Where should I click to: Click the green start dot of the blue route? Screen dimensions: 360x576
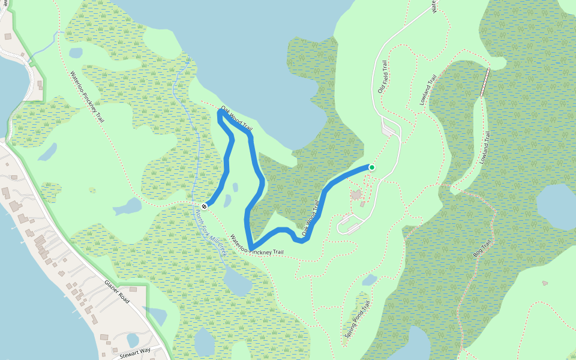click(x=372, y=167)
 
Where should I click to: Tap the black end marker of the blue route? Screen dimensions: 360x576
click(x=205, y=206)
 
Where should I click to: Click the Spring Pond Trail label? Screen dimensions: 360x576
click(x=358, y=319)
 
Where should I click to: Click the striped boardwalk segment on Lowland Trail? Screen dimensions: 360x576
click(x=485, y=82)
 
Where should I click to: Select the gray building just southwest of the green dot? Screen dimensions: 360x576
click(x=357, y=194)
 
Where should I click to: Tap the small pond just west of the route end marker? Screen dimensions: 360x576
click(x=127, y=207)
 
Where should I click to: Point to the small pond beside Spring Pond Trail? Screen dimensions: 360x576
click(x=370, y=280)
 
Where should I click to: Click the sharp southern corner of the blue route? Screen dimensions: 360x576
click(x=250, y=248)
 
